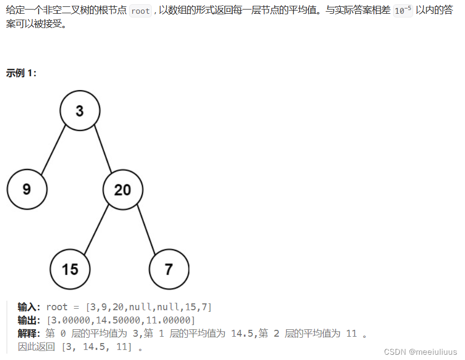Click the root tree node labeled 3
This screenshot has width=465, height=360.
pos(80,111)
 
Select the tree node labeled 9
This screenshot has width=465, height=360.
pos(27,189)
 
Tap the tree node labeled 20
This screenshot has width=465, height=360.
pos(123,190)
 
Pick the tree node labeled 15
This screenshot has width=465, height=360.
pos(70,269)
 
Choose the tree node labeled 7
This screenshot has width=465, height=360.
pos(169,269)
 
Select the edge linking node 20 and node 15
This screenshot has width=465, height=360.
pos(96,229)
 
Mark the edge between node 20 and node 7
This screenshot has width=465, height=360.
pos(146,229)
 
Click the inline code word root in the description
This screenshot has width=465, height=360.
pos(141,11)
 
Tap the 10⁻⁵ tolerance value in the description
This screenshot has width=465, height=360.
pos(403,11)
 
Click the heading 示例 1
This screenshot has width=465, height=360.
pos(21,73)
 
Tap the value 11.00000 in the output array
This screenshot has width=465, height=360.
pos(170,320)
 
